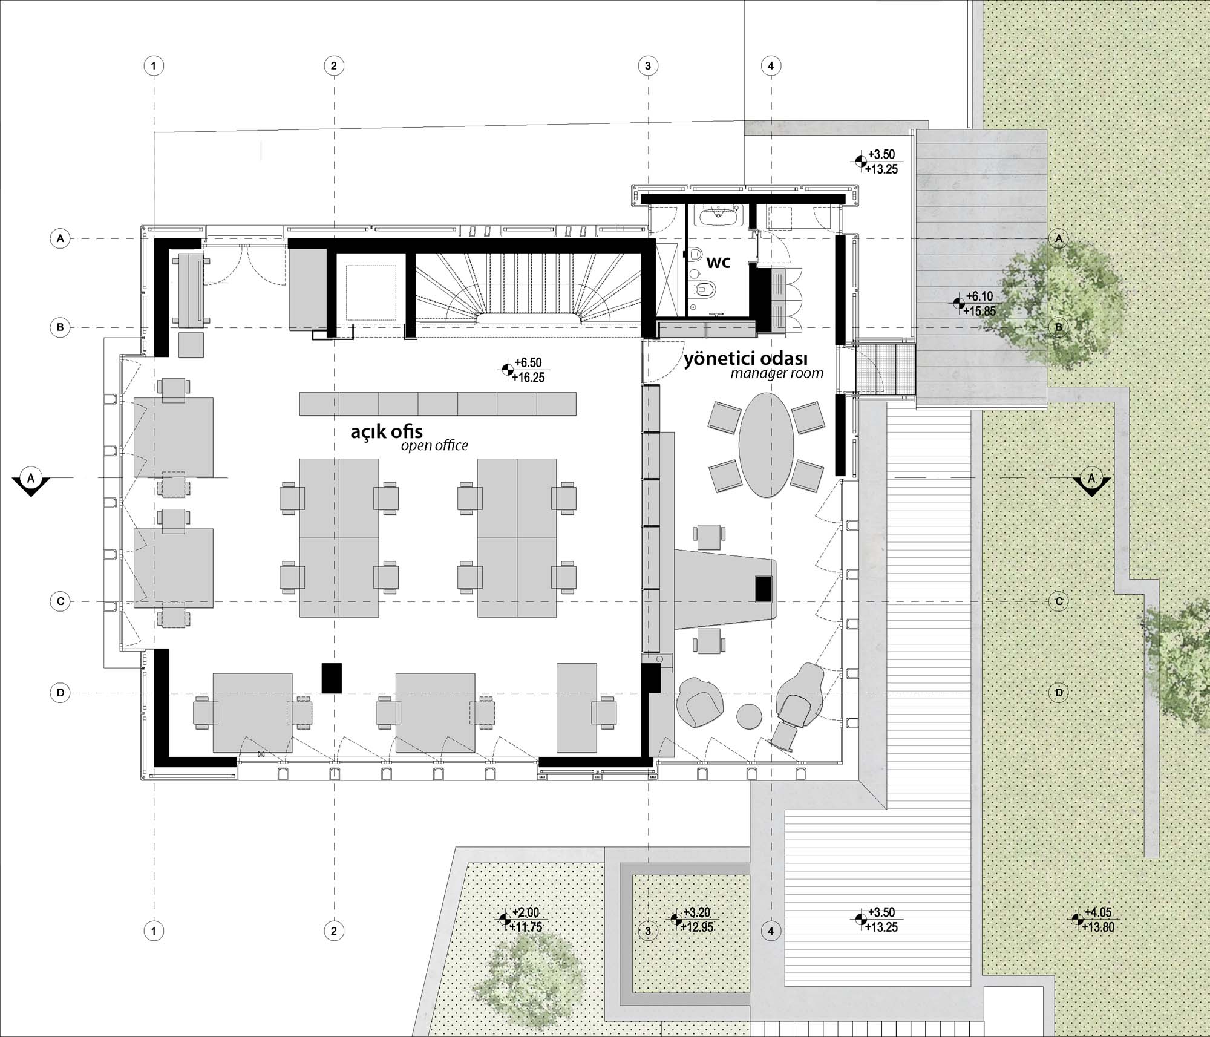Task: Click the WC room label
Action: [719, 263]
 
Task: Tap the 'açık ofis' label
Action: [387, 432]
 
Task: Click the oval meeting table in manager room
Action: [767, 445]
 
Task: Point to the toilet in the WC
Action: [705, 289]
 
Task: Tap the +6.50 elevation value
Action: [528, 362]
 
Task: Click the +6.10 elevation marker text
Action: [979, 296]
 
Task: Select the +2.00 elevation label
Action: [525, 912]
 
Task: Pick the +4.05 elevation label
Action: [1098, 912]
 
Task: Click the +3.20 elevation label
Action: [697, 912]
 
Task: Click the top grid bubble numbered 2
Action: [334, 65]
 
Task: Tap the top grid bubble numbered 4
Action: [771, 65]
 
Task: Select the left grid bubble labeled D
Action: [60, 693]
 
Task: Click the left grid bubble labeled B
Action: [60, 327]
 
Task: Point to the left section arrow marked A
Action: [31, 482]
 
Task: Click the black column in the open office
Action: [332, 678]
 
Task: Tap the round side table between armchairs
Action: [749, 716]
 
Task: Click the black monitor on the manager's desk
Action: [764, 589]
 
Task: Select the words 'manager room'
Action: [777, 373]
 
